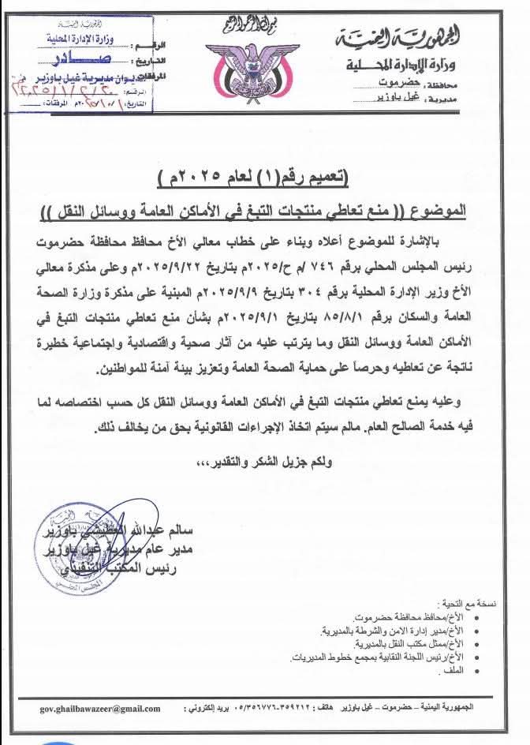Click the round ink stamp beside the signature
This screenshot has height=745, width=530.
tap(68, 545)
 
